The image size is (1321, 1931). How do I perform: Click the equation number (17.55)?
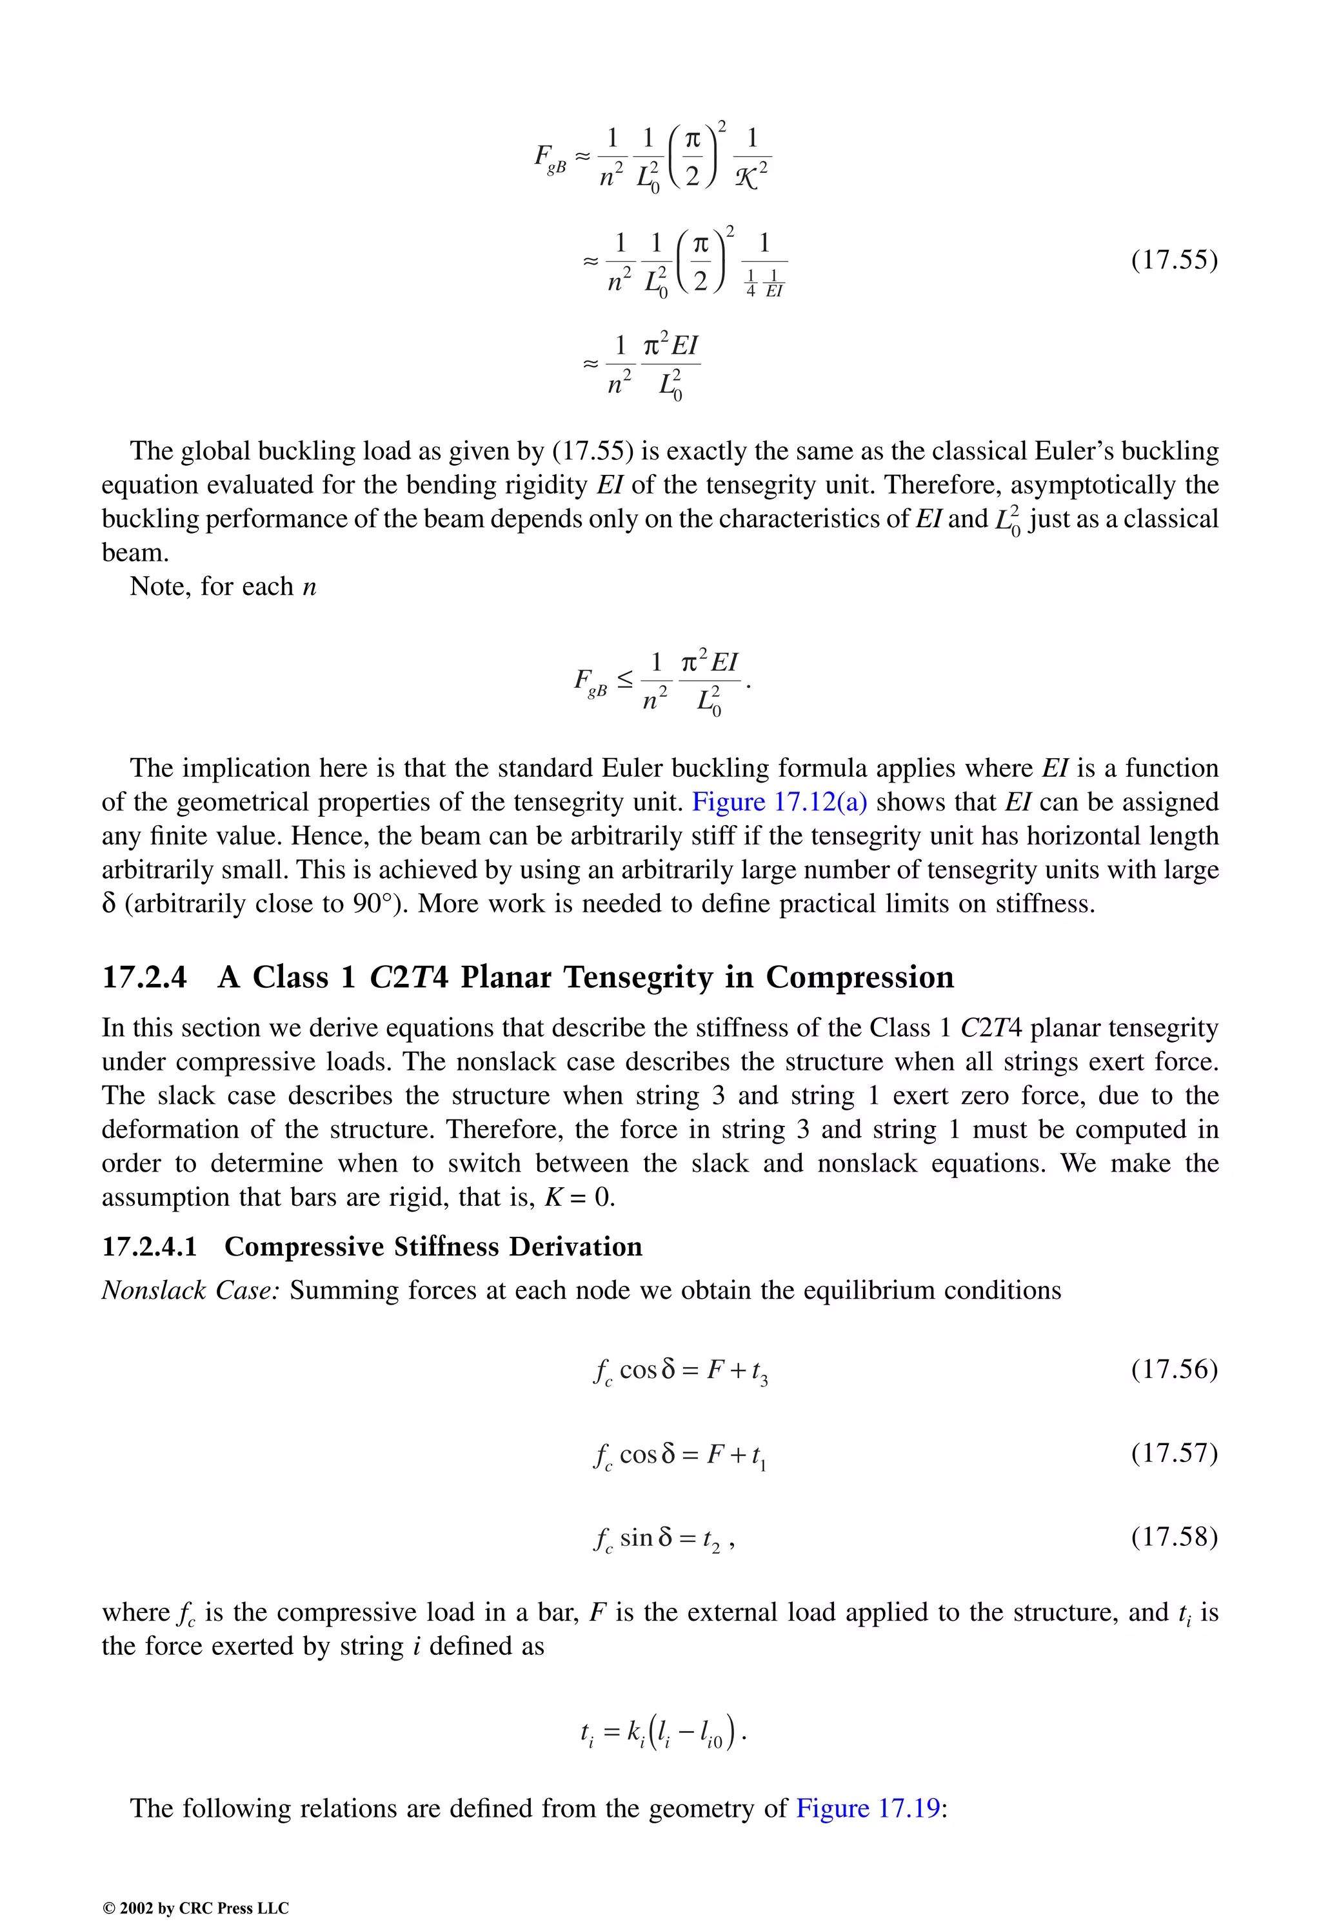click(x=1173, y=260)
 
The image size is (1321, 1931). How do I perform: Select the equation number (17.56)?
click(x=1173, y=1368)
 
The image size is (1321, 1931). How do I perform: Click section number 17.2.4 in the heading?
click(x=144, y=977)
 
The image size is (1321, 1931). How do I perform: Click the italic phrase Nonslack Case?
click(x=190, y=1290)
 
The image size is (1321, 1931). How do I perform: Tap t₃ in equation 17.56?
click(x=759, y=1372)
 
